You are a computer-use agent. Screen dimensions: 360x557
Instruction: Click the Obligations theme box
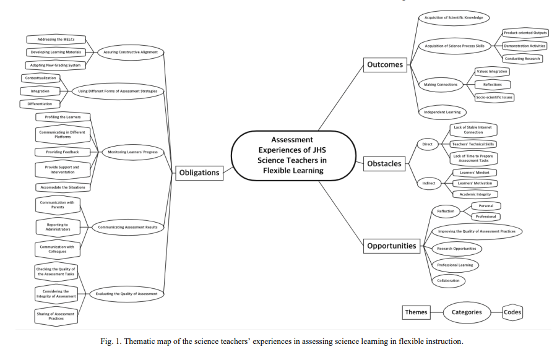[x=199, y=173]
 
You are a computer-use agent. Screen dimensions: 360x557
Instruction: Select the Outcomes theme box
[x=384, y=65]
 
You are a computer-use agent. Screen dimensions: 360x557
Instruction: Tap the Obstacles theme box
[x=384, y=164]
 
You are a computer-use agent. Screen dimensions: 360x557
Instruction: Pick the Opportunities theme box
[x=392, y=246]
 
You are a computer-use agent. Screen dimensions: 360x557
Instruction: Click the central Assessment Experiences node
[x=293, y=155]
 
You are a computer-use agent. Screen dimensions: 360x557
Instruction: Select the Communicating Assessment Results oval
[x=127, y=227]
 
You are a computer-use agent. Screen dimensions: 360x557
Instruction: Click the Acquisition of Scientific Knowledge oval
[x=449, y=17]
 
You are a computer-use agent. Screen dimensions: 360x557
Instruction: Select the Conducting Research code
[x=522, y=59]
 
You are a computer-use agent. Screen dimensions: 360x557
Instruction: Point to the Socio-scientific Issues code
[x=494, y=97]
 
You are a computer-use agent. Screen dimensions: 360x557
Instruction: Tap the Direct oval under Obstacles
[x=427, y=144]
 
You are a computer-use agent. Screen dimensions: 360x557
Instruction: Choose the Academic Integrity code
[x=475, y=194]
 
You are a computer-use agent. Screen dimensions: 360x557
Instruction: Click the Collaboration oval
[x=449, y=280]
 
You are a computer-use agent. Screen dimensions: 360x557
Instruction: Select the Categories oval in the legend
[x=466, y=312]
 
